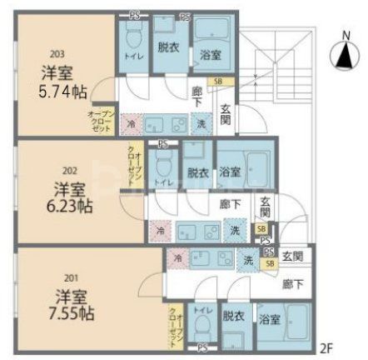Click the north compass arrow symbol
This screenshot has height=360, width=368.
coord(343,57)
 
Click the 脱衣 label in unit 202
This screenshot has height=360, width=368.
coord(197,173)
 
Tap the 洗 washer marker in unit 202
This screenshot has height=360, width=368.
coord(236,230)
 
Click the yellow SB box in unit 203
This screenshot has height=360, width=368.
coord(218,81)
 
